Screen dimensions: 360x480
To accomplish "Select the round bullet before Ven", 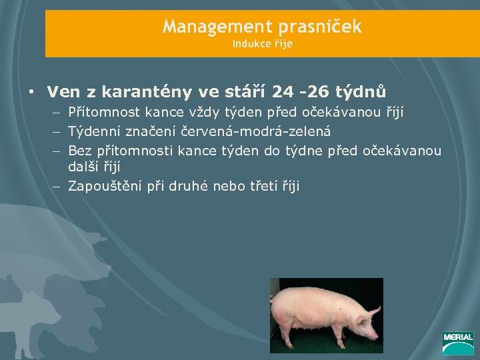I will (31, 91).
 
